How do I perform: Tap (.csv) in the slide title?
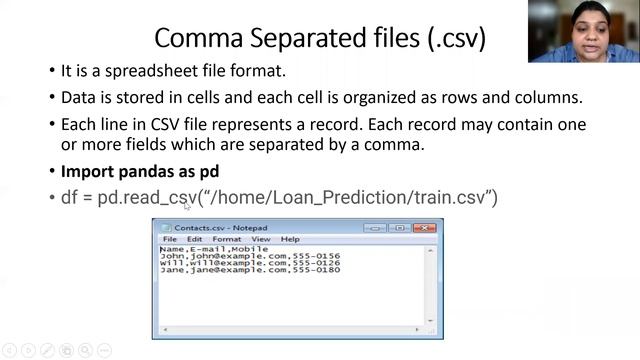[x=451, y=39]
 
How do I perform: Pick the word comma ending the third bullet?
[x=397, y=145]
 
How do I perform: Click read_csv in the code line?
[x=160, y=197]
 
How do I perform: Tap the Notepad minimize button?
[x=377, y=227]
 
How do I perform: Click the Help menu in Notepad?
[x=290, y=240]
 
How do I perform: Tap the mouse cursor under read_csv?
[x=186, y=206]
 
